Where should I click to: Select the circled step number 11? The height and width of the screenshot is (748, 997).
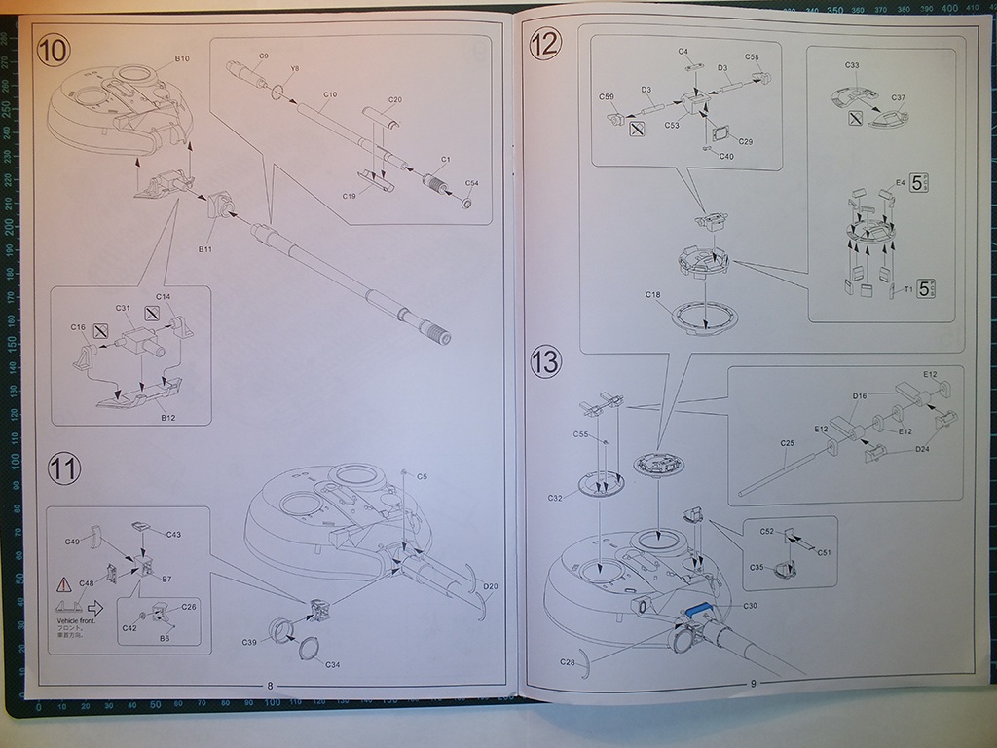coord(64,469)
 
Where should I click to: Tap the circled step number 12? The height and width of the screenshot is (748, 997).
coord(546,44)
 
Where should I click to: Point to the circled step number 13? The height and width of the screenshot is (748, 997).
coord(547,363)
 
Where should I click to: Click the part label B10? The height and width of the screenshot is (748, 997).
coord(182,59)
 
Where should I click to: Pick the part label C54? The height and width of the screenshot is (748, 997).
coord(471,184)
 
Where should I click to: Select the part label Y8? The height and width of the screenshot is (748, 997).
coord(295,69)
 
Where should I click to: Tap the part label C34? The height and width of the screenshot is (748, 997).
coord(332,665)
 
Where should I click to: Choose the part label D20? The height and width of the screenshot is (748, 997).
coord(490,586)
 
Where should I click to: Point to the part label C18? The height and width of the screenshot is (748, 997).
coord(652,294)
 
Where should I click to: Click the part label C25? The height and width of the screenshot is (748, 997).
coord(788,443)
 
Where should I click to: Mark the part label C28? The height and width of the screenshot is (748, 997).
coord(568,662)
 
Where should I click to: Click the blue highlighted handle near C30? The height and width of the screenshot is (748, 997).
coord(697,609)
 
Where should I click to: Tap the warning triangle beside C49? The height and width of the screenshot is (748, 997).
coord(64,585)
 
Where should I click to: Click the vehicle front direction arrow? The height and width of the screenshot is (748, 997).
coord(94,606)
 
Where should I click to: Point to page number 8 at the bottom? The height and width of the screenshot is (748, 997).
coord(270,686)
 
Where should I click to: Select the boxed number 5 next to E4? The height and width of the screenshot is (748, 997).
coord(916,183)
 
